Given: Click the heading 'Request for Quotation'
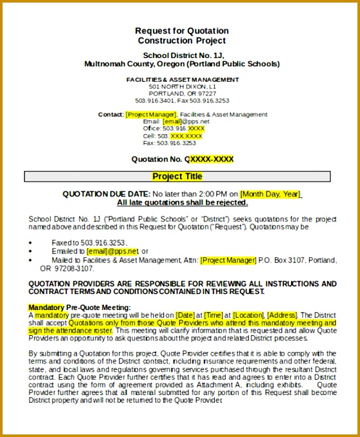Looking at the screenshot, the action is point(181,31).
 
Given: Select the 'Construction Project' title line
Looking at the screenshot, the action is point(181,41).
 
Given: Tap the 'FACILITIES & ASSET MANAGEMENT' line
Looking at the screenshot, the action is point(182,79).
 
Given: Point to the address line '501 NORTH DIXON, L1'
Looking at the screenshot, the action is point(182,86).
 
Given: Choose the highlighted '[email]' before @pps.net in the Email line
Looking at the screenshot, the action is point(172,121).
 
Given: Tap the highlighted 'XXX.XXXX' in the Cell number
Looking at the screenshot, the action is point(186,136).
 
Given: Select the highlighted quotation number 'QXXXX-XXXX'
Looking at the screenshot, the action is point(209,159).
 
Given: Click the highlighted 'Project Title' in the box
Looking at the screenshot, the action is point(177,177).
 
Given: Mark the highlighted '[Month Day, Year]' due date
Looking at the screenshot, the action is point(270,194).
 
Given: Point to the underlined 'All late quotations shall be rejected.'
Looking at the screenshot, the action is point(182,202).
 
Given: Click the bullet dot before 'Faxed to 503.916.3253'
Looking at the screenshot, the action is point(32,243).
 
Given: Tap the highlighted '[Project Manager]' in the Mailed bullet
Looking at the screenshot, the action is point(228,260).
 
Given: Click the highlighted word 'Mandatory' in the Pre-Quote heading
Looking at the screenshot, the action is point(46,307).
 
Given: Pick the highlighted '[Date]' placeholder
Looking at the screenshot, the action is point(185,315).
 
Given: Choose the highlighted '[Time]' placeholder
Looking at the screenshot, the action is point(214,315).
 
